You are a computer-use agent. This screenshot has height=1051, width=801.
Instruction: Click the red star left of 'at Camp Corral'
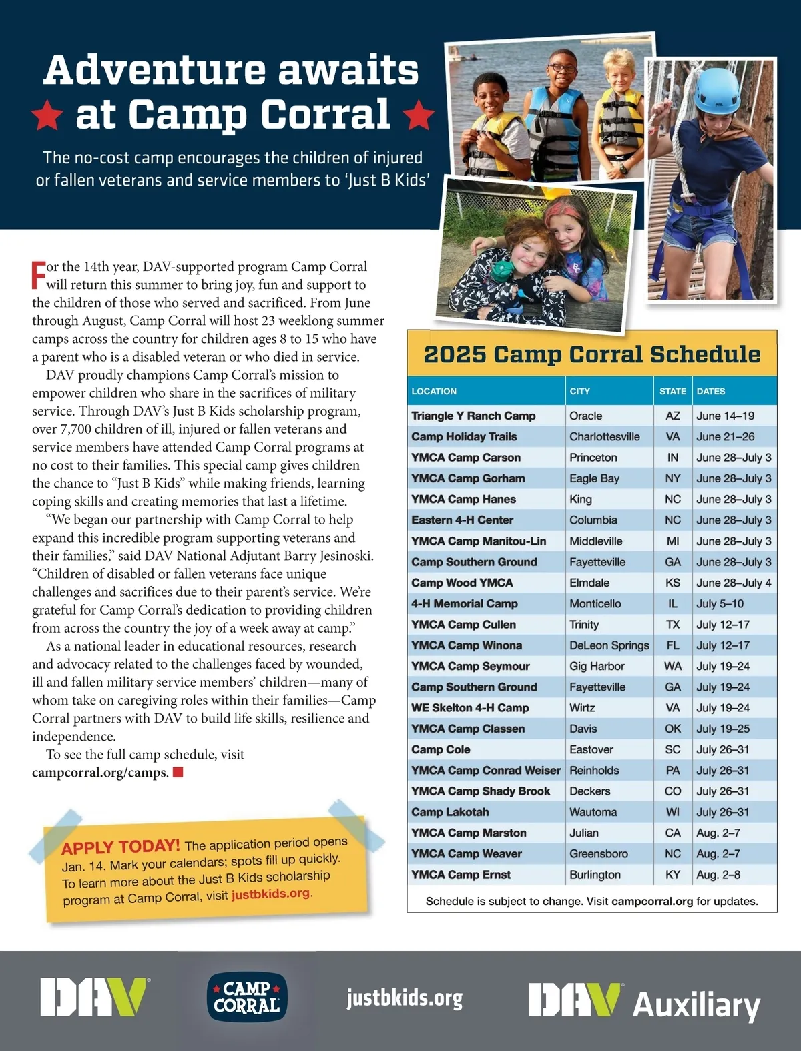[x=47, y=115]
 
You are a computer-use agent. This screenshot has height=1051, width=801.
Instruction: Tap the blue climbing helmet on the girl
[x=718, y=90]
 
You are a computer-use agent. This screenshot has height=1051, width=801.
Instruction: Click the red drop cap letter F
[x=38, y=275]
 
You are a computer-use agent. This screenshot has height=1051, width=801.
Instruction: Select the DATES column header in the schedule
[x=711, y=391]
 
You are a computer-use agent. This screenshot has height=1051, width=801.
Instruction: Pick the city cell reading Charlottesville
[x=604, y=437]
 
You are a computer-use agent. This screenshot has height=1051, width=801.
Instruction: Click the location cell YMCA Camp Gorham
[x=468, y=478]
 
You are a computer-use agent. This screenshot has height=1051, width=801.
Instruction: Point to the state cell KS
[x=673, y=583]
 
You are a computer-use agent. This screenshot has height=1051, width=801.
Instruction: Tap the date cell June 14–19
[x=725, y=416]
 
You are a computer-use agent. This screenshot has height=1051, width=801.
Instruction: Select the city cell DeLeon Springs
[x=609, y=645]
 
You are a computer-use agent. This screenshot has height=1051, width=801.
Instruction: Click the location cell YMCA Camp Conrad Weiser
[x=485, y=771]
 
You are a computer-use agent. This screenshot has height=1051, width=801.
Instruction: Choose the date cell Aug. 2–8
[x=718, y=875]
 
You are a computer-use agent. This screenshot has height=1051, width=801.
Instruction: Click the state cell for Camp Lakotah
[x=673, y=812]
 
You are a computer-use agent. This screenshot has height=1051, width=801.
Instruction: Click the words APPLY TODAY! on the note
[x=120, y=847]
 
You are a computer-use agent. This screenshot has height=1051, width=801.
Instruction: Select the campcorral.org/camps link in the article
[x=99, y=773]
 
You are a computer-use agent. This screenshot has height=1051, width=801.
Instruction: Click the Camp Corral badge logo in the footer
[x=246, y=997]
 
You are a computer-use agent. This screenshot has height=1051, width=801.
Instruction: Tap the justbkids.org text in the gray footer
[x=405, y=998]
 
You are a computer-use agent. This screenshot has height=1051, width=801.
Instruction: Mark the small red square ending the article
[x=178, y=773]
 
